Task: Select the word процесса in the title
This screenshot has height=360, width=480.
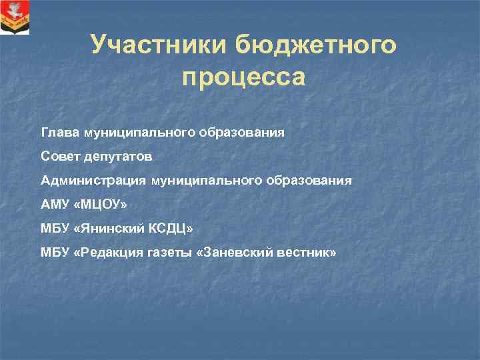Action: pyautogui.click(x=243, y=78)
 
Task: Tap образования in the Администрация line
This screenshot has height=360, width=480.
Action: pyautogui.click(x=309, y=181)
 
